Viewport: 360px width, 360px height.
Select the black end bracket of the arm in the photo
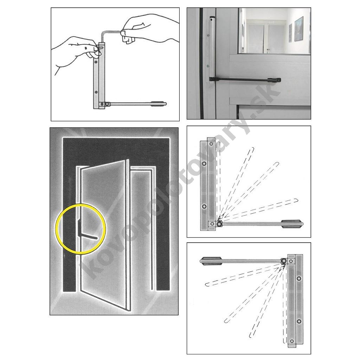click(x=274, y=80)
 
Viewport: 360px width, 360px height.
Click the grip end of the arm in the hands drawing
click(x=159, y=104)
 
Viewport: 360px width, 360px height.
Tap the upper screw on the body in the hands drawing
click(x=96, y=62)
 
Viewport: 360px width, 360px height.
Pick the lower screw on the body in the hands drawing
click(x=96, y=92)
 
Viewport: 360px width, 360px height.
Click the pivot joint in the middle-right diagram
click(x=219, y=223)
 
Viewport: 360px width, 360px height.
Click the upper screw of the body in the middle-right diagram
click(x=204, y=164)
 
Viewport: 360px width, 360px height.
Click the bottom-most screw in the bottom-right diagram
click(x=292, y=341)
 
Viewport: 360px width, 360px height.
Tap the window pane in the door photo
click(x=274, y=31)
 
